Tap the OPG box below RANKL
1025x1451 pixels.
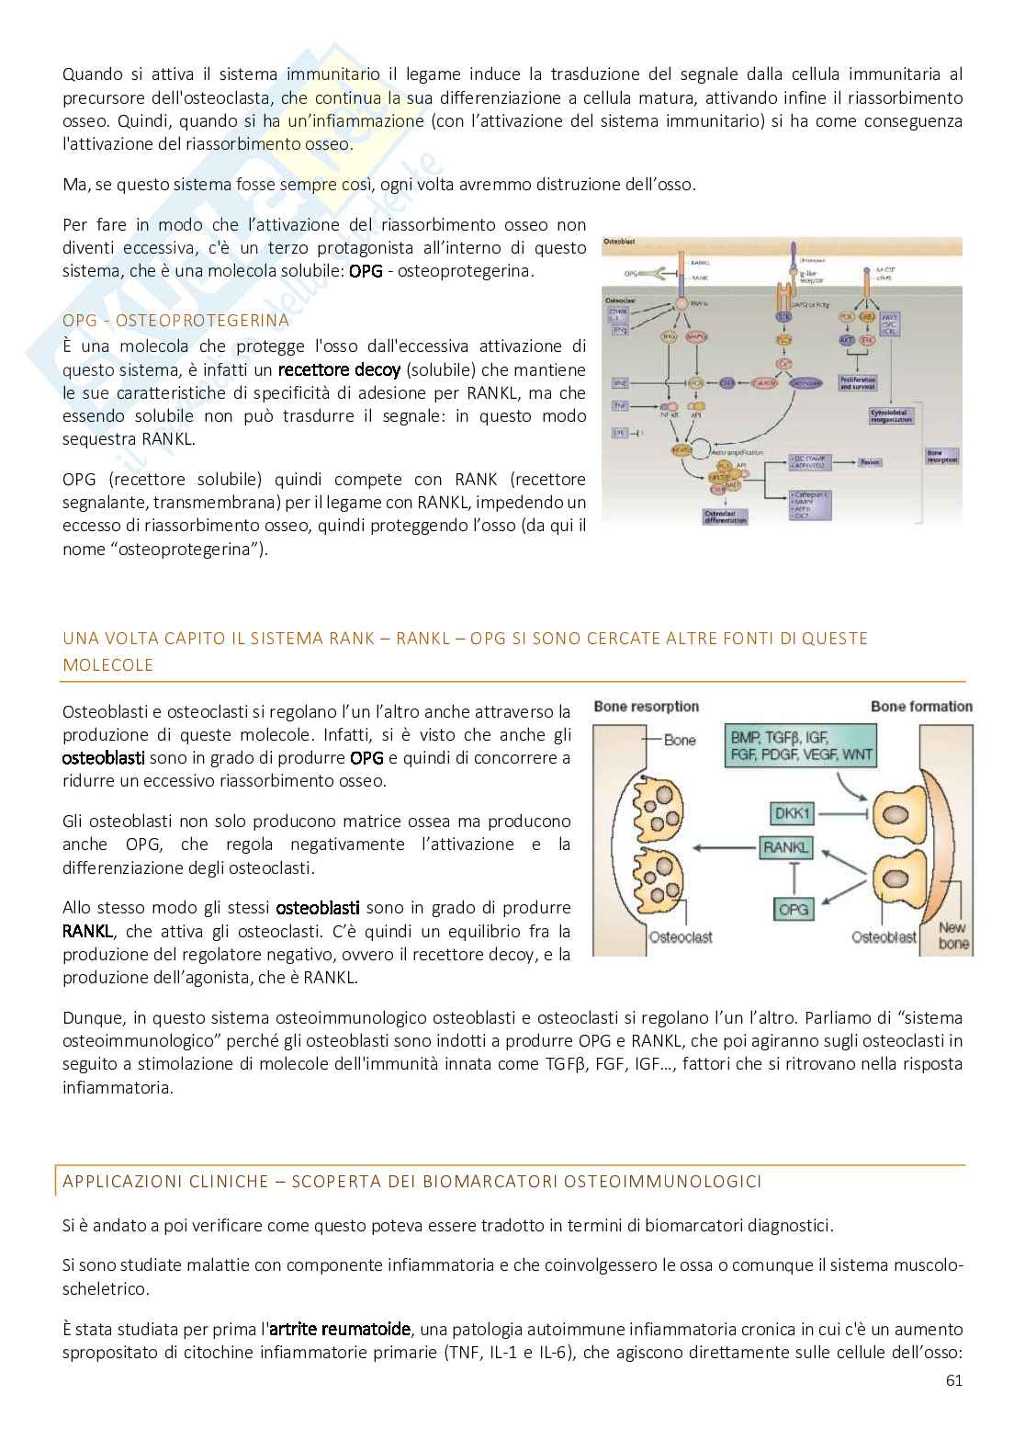(x=793, y=909)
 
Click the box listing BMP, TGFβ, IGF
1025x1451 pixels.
(x=800, y=746)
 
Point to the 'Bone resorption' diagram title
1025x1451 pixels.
(x=646, y=706)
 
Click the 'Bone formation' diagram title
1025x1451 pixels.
(x=921, y=706)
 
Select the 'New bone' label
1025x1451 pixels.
(x=952, y=935)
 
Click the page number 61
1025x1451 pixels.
(x=953, y=1406)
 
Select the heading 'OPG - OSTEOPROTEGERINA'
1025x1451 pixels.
(x=175, y=321)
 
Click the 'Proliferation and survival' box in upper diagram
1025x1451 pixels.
(x=857, y=382)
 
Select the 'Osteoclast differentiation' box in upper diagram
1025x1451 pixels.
(x=725, y=516)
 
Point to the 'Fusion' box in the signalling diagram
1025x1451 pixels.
(x=870, y=462)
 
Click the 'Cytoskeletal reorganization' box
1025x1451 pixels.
(x=891, y=415)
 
